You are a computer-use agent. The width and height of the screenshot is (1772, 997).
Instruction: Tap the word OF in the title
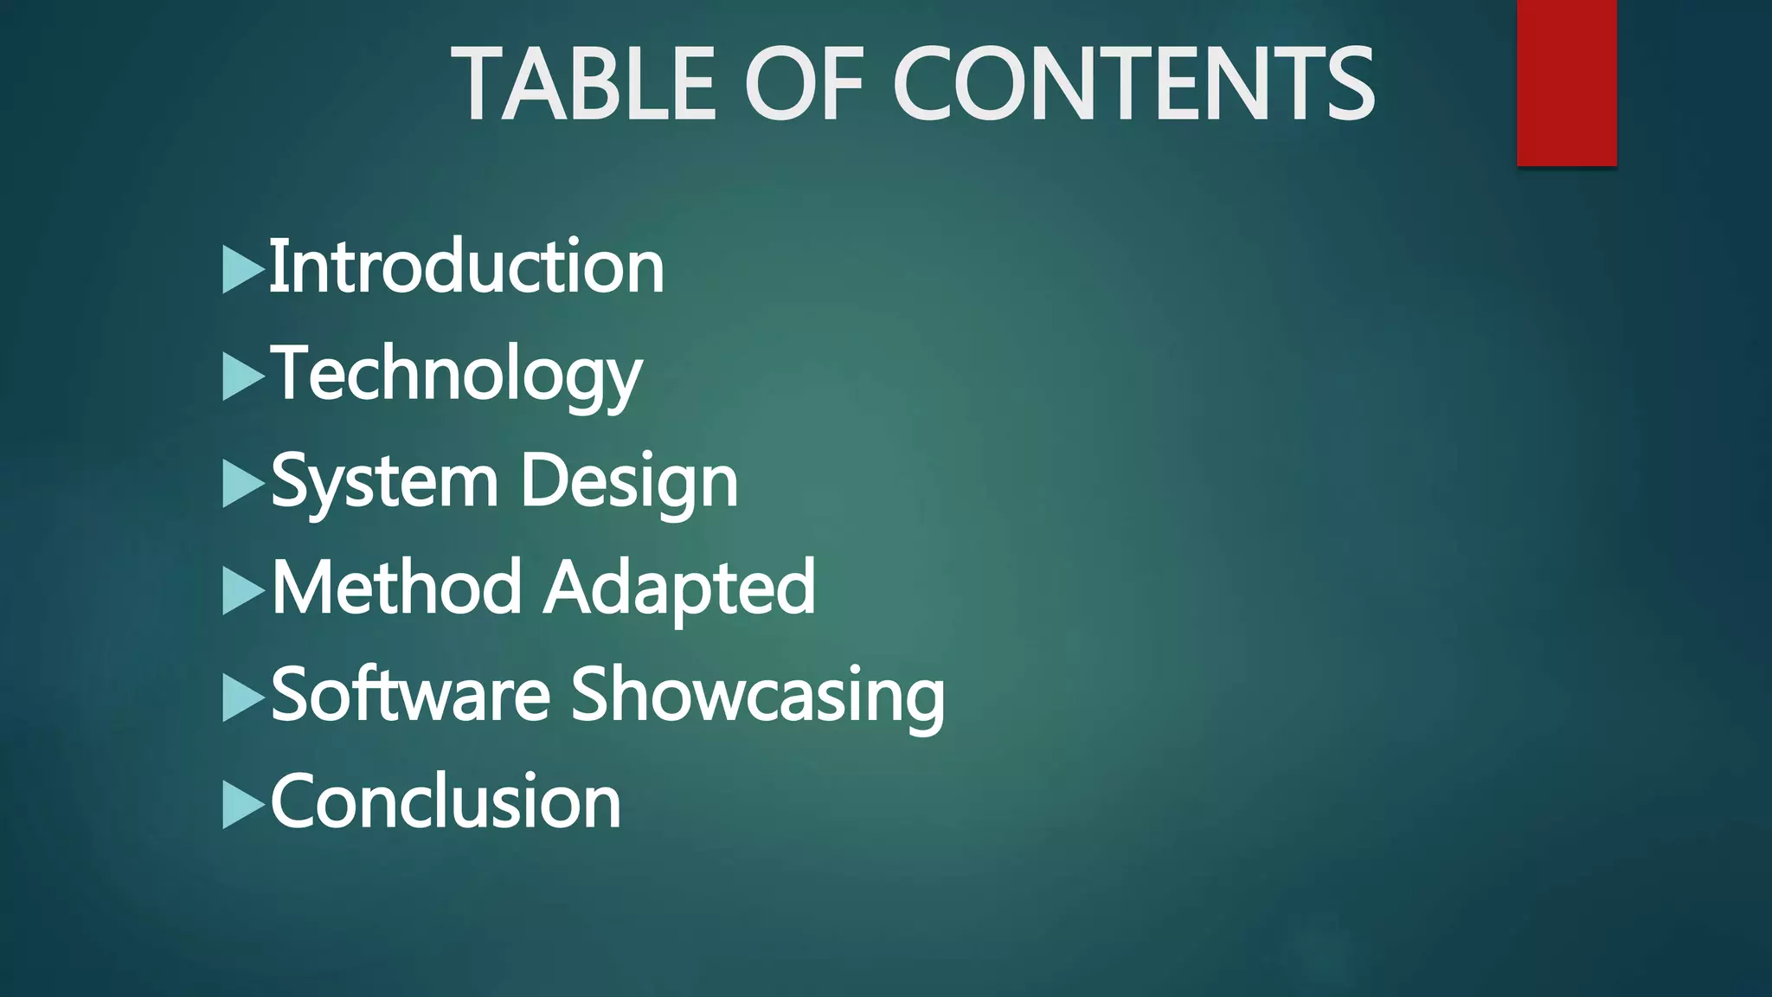coord(805,85)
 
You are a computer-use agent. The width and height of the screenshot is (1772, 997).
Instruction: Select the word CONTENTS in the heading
coord(1133,85)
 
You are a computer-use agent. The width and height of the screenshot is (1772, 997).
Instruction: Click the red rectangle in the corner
coord(1566,83)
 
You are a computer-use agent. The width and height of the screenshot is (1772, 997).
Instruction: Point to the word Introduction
coord(467,267)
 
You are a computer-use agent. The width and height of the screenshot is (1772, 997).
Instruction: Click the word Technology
coord(457,374)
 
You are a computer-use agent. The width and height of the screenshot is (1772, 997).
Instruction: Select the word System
coord(385,481)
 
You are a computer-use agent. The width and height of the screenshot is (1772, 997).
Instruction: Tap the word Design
coord(629,481)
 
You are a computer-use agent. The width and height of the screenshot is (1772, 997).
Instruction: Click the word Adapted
coord(680,588)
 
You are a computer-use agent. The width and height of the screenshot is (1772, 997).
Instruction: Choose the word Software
coord(411,695)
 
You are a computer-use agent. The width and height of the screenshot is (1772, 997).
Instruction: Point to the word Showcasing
coord(758,695)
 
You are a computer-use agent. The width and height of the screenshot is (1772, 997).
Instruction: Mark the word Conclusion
coord(446,802)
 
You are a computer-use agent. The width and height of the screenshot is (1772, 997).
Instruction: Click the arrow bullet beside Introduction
coord(242,269)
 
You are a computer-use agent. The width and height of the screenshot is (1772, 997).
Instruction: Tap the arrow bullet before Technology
coord(242,376)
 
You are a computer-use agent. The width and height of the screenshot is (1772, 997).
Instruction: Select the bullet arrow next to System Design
coord(242,484)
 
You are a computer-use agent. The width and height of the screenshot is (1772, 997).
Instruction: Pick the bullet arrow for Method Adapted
coord(242,590)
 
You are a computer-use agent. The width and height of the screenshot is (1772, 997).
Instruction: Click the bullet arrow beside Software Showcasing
coord(242,698)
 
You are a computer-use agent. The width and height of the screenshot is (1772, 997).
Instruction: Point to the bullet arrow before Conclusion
coord(242,805)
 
